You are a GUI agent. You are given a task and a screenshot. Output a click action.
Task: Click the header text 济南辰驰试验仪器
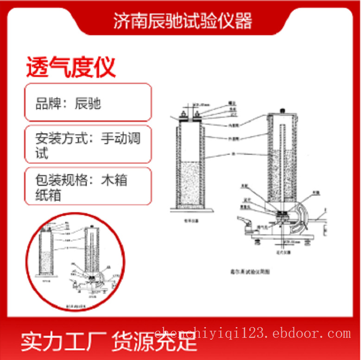click(x=183, y=21)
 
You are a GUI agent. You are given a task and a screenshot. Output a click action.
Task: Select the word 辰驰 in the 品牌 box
click(x=88, y=103)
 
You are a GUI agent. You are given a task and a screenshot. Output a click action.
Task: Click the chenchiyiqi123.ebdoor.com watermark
click(x=253, y=333)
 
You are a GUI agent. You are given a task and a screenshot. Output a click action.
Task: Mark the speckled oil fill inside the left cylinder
click(x=190, y=183)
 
